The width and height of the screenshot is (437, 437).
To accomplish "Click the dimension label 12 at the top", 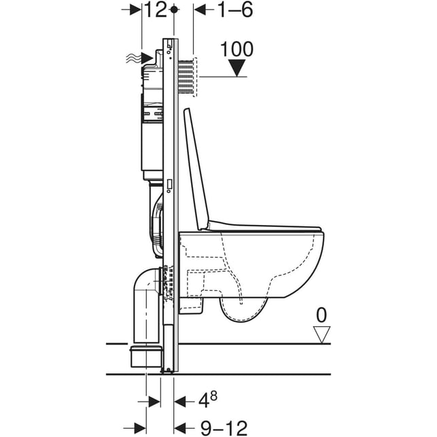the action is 156,10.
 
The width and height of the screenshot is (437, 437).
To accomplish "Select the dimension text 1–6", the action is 235,10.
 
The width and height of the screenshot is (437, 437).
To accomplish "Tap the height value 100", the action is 237,49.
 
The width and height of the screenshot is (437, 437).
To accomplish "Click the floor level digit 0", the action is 321,315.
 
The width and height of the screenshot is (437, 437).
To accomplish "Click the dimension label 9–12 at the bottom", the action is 224,427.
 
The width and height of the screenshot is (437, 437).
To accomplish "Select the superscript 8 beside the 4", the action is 213,396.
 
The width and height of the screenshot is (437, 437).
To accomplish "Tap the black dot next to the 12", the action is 174,10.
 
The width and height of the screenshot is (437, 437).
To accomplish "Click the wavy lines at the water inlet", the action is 133,58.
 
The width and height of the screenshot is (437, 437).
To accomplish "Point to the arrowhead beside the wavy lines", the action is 147,58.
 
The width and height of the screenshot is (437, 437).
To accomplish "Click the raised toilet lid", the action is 196,169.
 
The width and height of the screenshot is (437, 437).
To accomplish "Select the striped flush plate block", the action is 186,77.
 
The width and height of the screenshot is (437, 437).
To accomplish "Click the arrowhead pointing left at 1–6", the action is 200,10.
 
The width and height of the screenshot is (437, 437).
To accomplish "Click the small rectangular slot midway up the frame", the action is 169,184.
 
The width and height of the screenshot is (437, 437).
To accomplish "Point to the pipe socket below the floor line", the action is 145,356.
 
